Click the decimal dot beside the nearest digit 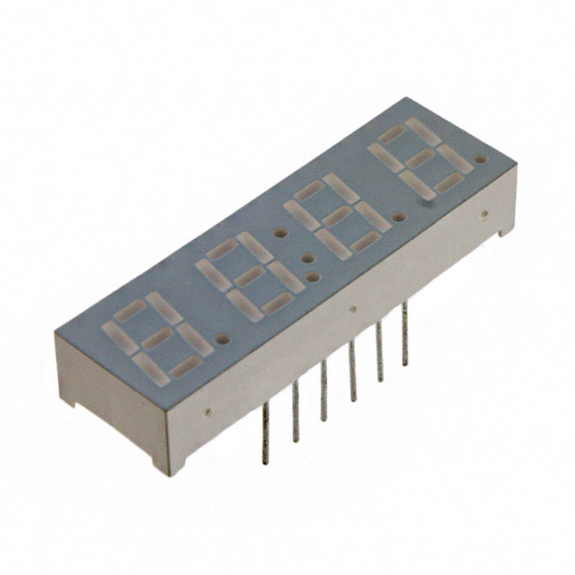click(x=222, y=341)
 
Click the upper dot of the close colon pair click(x=307, y=258)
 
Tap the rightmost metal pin click(x=404, y=332)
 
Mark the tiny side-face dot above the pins click(x=352, y=309)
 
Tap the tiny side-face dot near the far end click(x=483, y=214)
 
